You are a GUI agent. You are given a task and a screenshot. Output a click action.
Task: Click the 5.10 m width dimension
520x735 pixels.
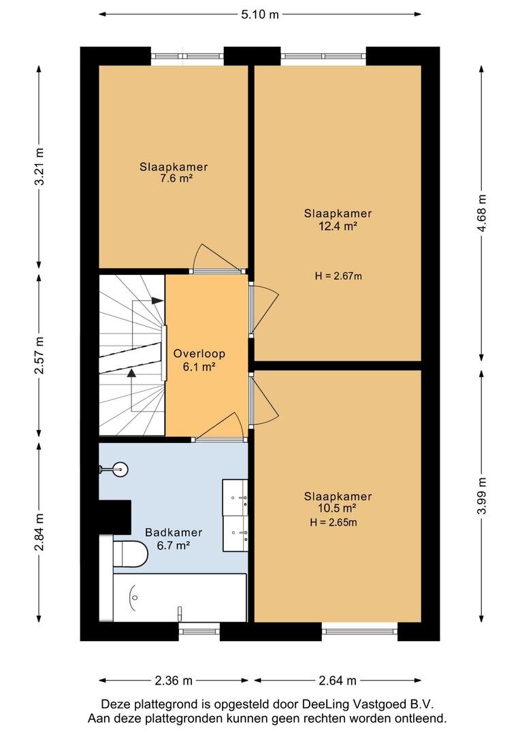point(260,14)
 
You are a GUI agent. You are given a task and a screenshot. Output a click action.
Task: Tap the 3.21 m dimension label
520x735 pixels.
point(40,167)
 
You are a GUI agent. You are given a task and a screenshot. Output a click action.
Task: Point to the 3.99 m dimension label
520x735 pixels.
point(482,496)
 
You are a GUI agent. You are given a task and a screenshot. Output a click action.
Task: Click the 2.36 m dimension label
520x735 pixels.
point(174,680)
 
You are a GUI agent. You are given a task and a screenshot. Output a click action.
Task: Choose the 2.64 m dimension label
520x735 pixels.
point(338,680)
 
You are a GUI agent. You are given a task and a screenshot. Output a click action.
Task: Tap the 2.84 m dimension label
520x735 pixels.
point(40,532)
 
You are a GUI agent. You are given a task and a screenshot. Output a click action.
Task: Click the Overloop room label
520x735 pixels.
point(199,353)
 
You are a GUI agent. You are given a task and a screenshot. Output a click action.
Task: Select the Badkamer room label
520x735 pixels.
point(174,532)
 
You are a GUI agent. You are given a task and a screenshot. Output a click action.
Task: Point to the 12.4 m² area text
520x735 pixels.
point(338,226)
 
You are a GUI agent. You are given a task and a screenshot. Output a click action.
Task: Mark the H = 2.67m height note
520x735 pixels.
point(338,276)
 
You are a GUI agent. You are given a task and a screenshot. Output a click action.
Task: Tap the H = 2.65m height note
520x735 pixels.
point(334,522)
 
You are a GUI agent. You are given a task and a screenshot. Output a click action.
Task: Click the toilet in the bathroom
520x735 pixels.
point(131,553)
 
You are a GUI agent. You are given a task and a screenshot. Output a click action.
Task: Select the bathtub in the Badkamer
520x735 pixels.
point(180,598)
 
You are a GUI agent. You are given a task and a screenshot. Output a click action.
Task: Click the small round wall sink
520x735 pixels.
point(120,469)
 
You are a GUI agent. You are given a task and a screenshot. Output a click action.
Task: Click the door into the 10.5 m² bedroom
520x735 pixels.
point(263,400)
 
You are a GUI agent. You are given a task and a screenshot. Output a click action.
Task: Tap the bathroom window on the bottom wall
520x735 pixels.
point(199,632)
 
